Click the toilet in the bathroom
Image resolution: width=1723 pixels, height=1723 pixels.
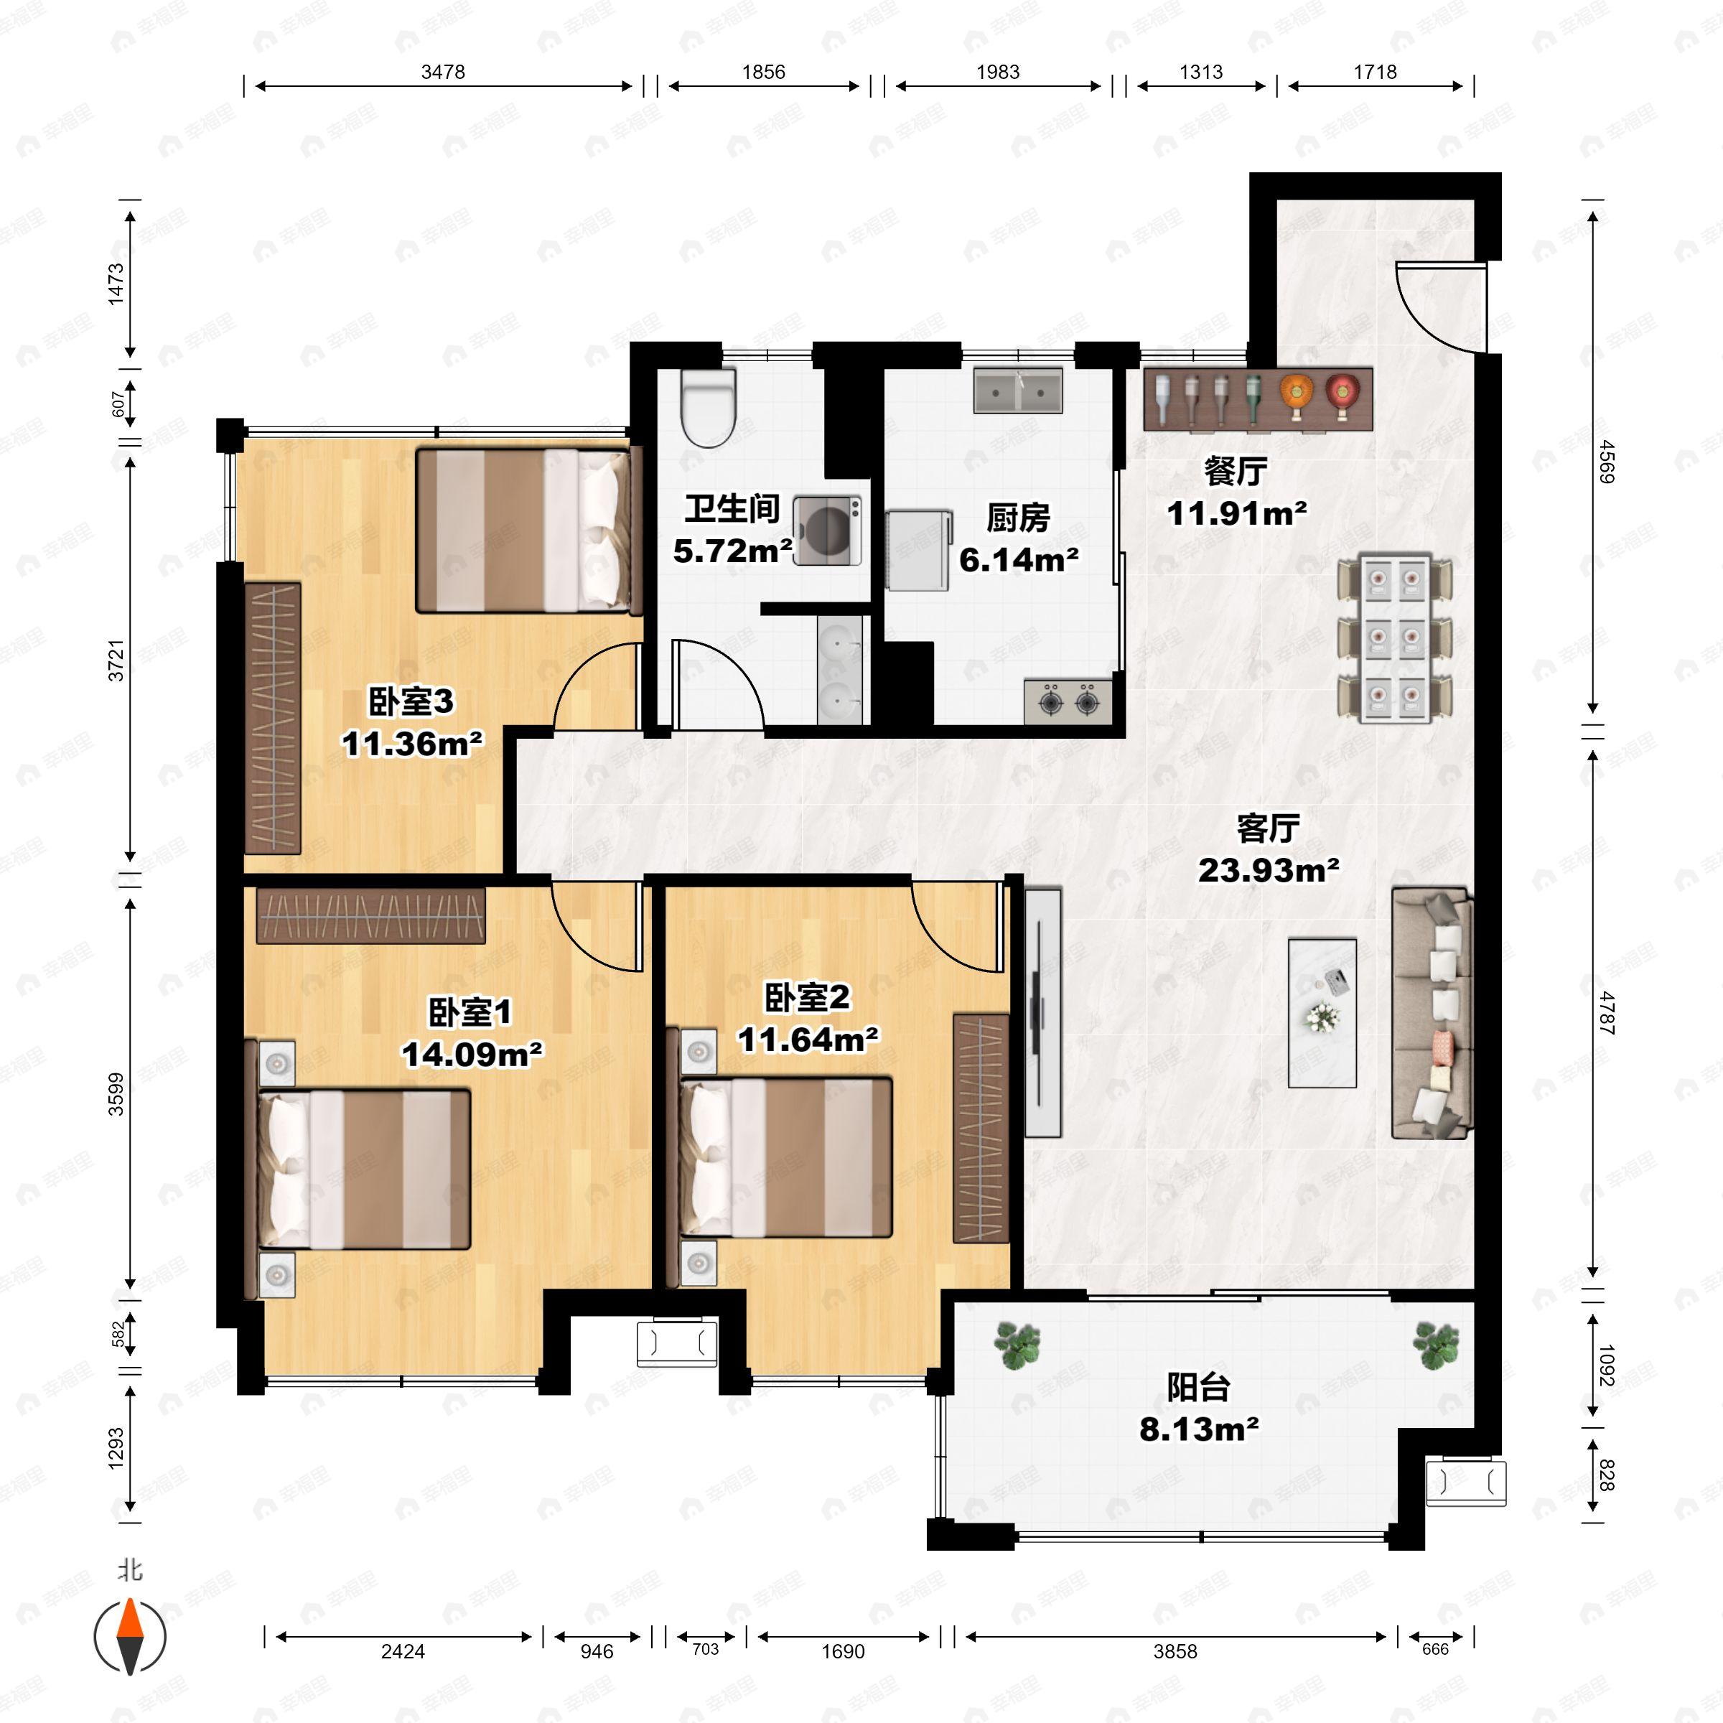[708, 408]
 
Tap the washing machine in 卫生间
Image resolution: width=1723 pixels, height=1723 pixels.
[828, 531]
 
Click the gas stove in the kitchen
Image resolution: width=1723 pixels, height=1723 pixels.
[1068, 701]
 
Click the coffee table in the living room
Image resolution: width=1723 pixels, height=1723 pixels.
[1322, 1012]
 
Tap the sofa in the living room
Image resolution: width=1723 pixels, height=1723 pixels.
[1432, 1012]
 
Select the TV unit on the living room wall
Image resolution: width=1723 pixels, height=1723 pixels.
[1042, 1012]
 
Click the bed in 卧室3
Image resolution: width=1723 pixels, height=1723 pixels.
[530, 530]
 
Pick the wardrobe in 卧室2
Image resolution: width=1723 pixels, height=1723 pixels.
[981, 1127]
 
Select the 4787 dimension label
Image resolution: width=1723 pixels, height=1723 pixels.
[1606, 1012]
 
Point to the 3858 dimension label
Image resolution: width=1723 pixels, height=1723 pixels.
[1175, 1650]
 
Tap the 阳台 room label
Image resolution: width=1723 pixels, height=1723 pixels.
[1199, 1387]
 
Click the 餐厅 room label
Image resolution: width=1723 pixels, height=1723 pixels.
[1236, 471]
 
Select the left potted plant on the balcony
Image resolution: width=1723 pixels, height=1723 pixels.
[1017, 1345]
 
